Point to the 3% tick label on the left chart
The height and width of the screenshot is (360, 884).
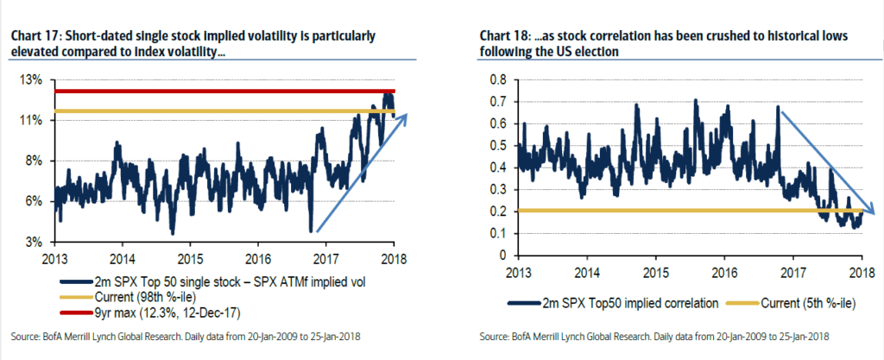coord(33,241)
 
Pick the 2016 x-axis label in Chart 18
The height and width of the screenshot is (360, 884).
coord(723,275)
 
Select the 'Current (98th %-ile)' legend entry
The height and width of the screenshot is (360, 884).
coord(123,298)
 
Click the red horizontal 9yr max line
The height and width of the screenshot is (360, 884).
coord(216,91)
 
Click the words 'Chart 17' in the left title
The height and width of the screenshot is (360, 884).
coord(31,36)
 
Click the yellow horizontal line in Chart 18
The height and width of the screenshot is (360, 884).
coord(673,212)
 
